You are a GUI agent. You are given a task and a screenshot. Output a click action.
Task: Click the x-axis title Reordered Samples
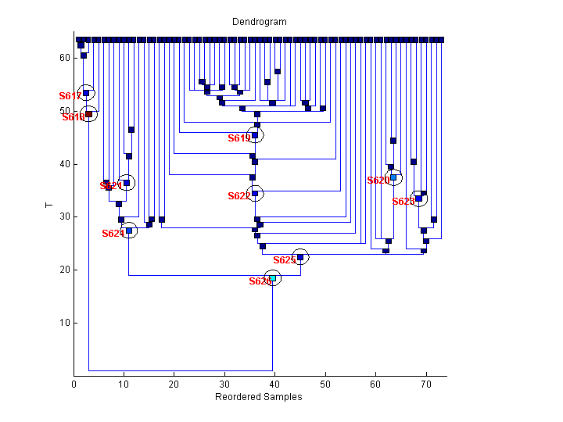(x=258, y=397)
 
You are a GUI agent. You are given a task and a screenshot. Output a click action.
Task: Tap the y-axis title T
(x=48, y=206)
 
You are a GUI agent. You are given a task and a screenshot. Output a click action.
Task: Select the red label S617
(x=70, y=96)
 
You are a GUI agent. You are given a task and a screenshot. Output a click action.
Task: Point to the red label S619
(x=238, y=138)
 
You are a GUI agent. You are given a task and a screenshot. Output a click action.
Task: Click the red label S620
(x=378, y=181)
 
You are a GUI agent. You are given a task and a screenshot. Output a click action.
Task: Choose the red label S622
(x=238, y=196)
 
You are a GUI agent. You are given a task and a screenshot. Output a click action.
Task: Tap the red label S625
(x=284, y=260)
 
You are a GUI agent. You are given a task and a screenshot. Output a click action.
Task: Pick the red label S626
(x=260, y=281)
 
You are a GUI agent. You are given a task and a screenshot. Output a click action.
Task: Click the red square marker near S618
(x=88, y=115)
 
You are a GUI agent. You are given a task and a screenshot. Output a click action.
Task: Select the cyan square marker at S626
(x=272, y=278)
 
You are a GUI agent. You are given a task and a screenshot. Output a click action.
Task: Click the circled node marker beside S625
(x=300, y=257)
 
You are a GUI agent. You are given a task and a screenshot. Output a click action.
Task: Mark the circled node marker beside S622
(x=255, y=193)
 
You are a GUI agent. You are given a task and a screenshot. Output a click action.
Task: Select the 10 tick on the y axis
(x=64, y=323)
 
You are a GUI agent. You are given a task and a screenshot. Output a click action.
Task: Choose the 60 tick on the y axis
(x=64, y=58)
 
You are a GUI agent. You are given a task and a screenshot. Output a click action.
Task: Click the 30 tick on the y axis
(x=64, y=216)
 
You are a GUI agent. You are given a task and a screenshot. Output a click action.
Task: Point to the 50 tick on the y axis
(x=64, y=111)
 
